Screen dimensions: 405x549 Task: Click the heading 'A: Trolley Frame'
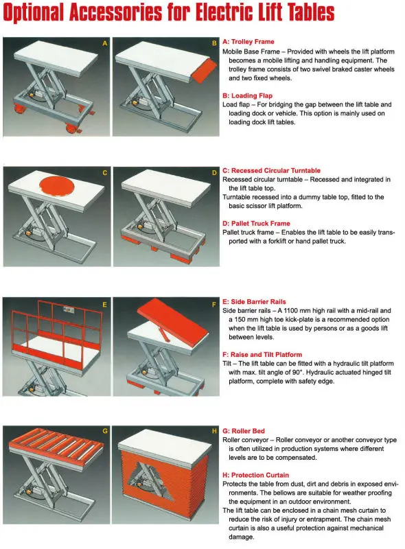[248, 42]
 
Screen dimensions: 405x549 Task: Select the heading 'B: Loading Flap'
[247, 95]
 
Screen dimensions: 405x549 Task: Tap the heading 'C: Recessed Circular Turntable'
[272, 170]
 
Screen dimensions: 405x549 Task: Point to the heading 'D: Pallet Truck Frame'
[256, 224]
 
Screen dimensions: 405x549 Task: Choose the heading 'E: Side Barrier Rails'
[254, 301]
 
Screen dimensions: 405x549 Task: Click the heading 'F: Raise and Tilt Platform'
[262, 354]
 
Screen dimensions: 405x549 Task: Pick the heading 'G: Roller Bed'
[244, 431]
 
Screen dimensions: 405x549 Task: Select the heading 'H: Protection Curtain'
[256, 475]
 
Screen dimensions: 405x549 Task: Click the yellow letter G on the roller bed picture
[105, 431]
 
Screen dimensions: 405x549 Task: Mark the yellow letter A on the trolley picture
[105, 43]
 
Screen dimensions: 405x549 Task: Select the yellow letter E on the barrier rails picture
[104, 305]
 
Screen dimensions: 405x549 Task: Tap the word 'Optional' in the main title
[34, 13]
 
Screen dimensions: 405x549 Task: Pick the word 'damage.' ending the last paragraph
[242, 537]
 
